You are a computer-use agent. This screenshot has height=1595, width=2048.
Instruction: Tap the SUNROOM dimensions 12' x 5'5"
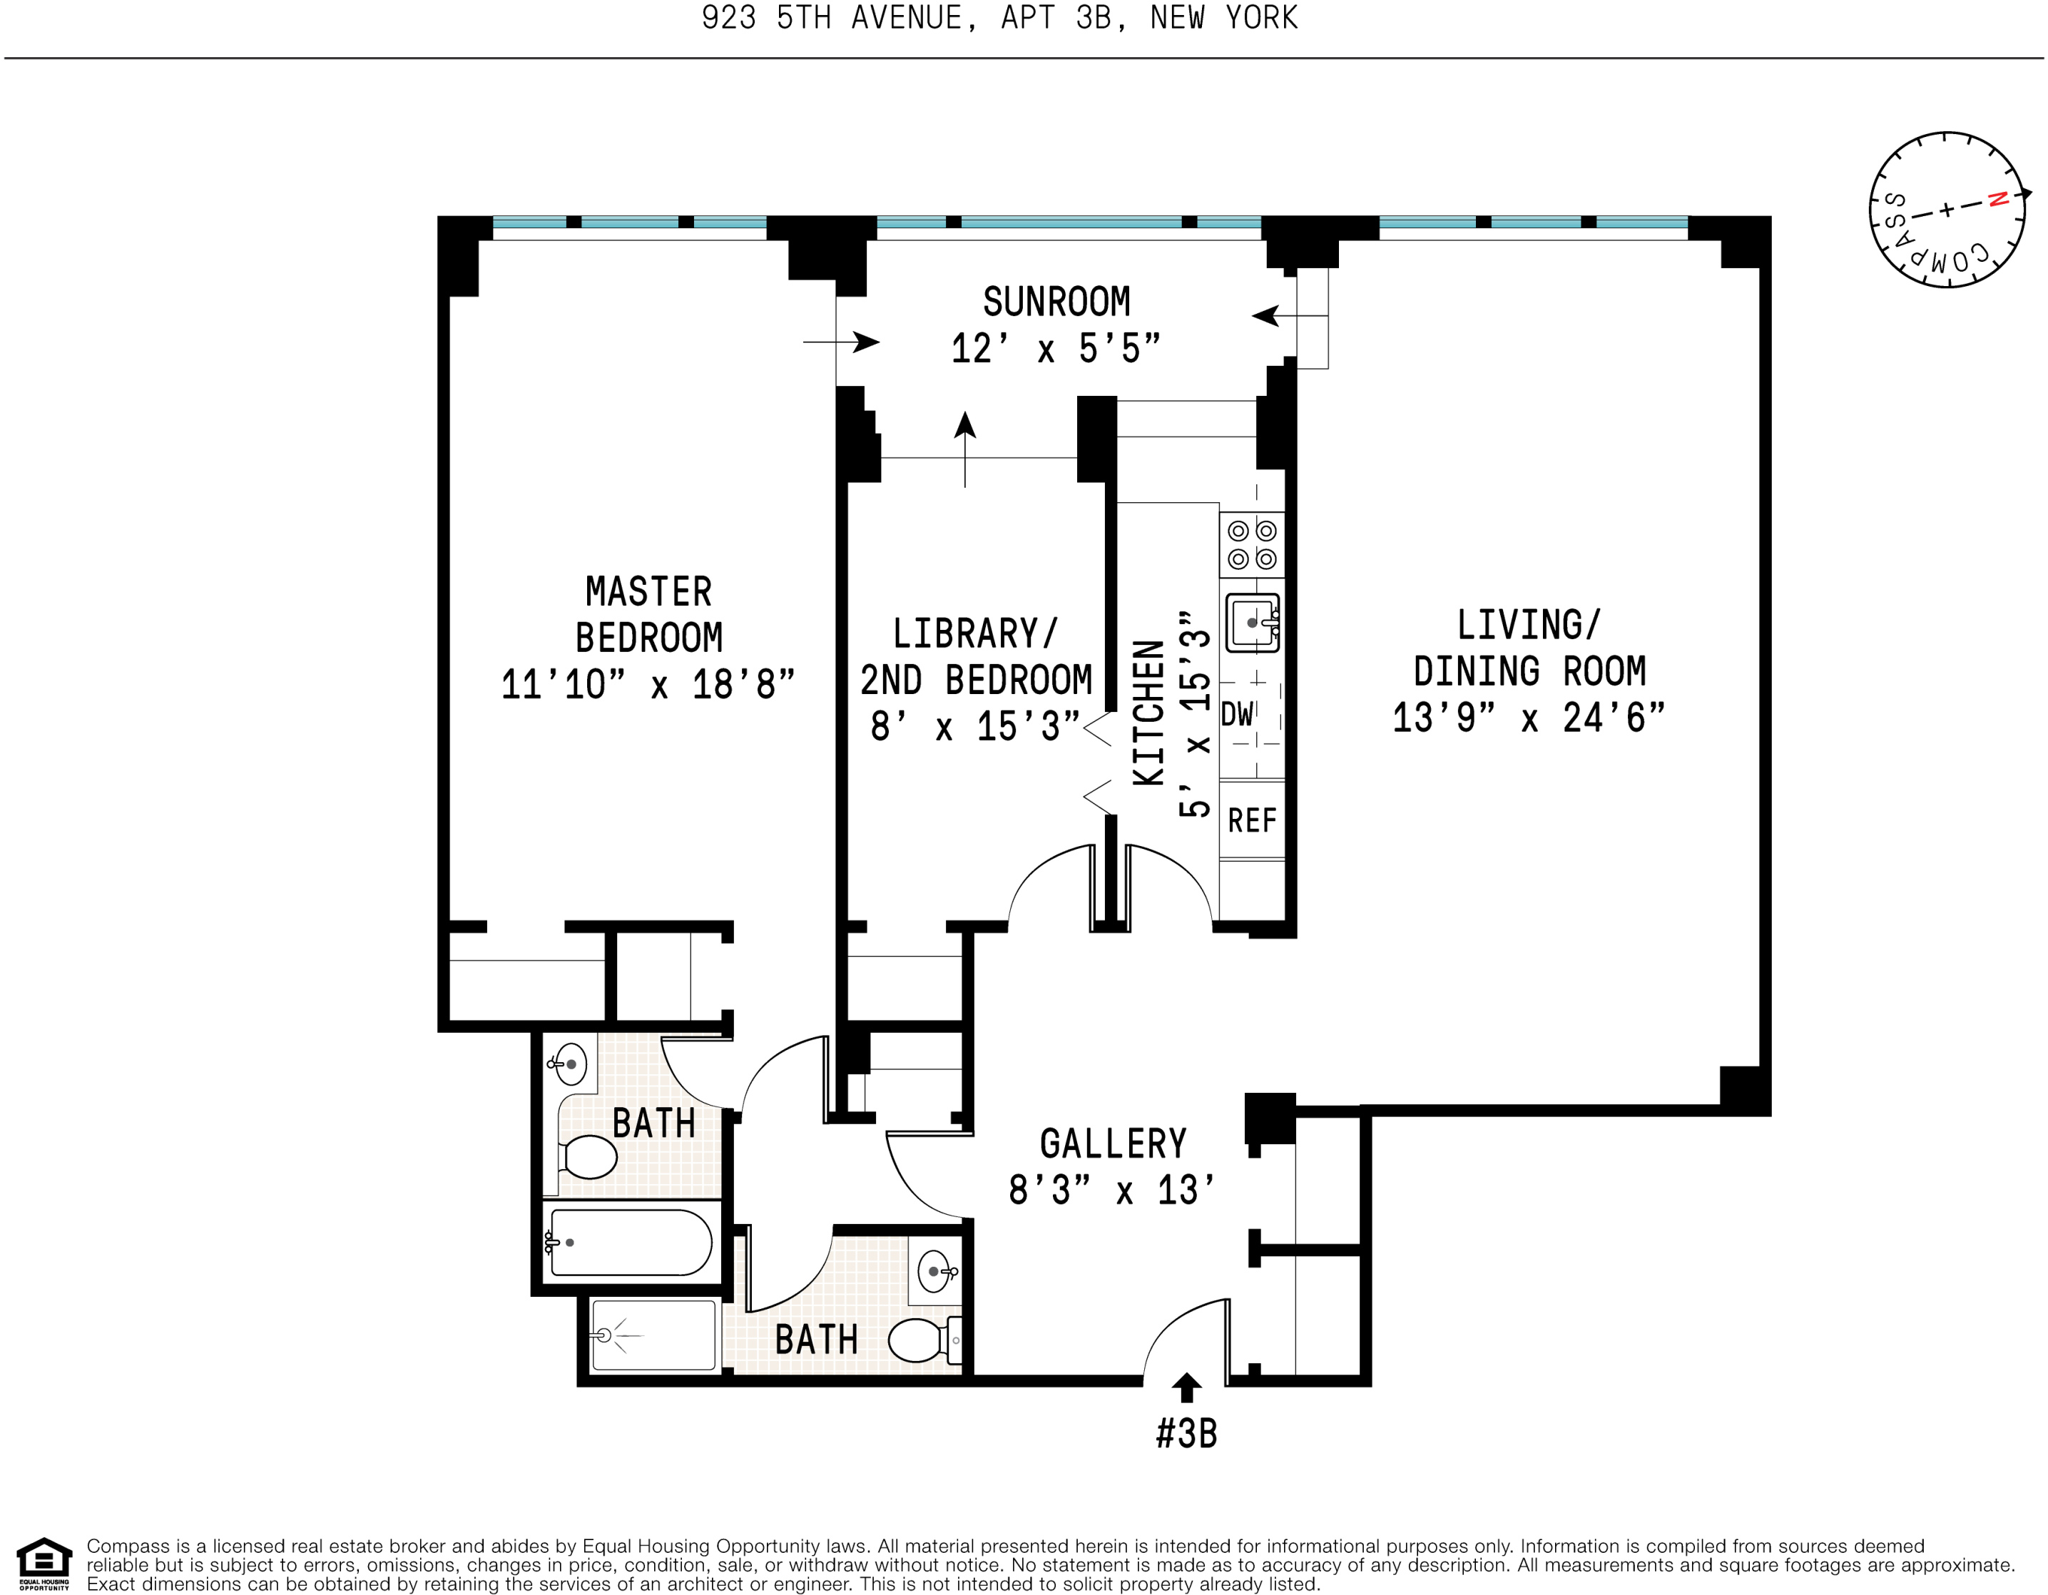[x=1056, y=349]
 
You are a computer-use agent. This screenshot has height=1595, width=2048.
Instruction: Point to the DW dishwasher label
[x=1237, y=715]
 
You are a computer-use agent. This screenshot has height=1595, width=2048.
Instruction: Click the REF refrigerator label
[x=1252, y=820]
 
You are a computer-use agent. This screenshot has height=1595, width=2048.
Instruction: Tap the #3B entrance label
[x=1186, y=1434]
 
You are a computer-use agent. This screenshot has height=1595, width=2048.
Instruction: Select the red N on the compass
[x=1997, y=199]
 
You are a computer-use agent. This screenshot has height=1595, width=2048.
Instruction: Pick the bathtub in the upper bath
[x=630, y=1243]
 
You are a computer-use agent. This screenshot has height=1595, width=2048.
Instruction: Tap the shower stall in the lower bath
[x=653, y=1335]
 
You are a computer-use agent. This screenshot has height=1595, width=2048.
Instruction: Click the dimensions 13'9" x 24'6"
[x=1529, y=718]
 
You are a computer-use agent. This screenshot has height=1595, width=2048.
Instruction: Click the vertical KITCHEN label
[x=1148, y=713]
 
